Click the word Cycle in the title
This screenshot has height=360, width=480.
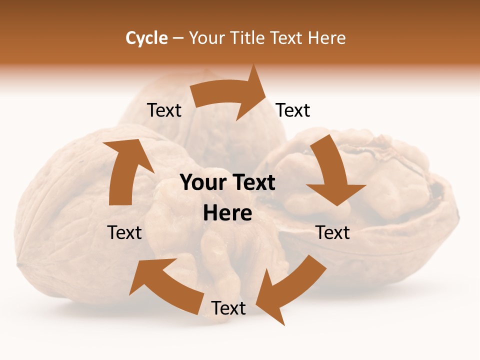pyautogui.click(x=146, y=38)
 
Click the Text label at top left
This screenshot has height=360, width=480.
pyautogui.click(x=164, y=110)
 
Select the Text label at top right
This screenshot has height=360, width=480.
pyautogui.click(x=293, y=110)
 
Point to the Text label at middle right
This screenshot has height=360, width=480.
pyautogui.click(x=332, y=232)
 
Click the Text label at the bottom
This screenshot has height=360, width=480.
pyautogui.click(x=228, y=308)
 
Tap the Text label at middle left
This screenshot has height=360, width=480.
pyautogui.click(x=124, y=232)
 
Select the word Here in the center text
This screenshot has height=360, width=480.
pyautogui.click(x=227, y=213)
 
